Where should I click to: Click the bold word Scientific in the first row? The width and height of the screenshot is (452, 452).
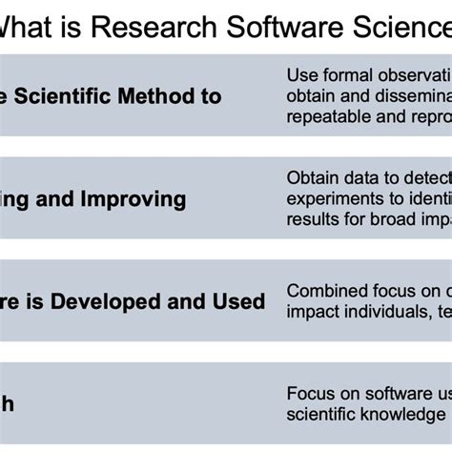[x=77, y=95]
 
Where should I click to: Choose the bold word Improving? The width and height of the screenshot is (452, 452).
[x=127, y=199]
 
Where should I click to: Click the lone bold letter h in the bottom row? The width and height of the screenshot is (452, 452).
[x=8, y=403]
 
